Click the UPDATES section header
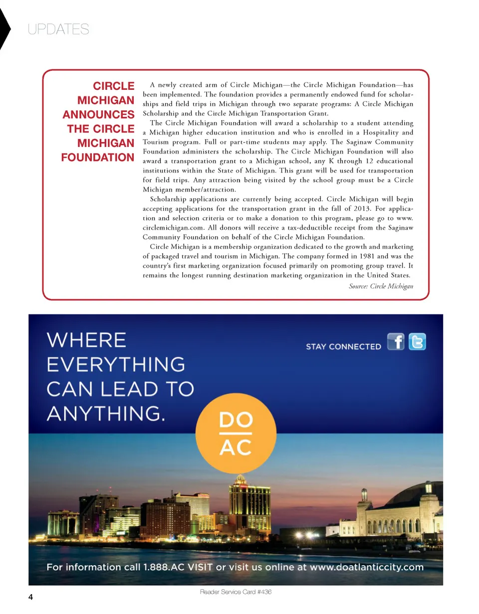click(x=58, y=30)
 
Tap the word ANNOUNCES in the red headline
click(x=98, y=115)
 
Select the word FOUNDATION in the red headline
click(x=97, y=157)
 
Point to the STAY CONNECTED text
click(x=343, y=346)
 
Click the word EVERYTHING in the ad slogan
click(x=116, y=365)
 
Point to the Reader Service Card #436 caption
click(x=236, y=592)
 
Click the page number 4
click(x=31, y=597)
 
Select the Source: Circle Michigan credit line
click(x=381, y=286)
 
